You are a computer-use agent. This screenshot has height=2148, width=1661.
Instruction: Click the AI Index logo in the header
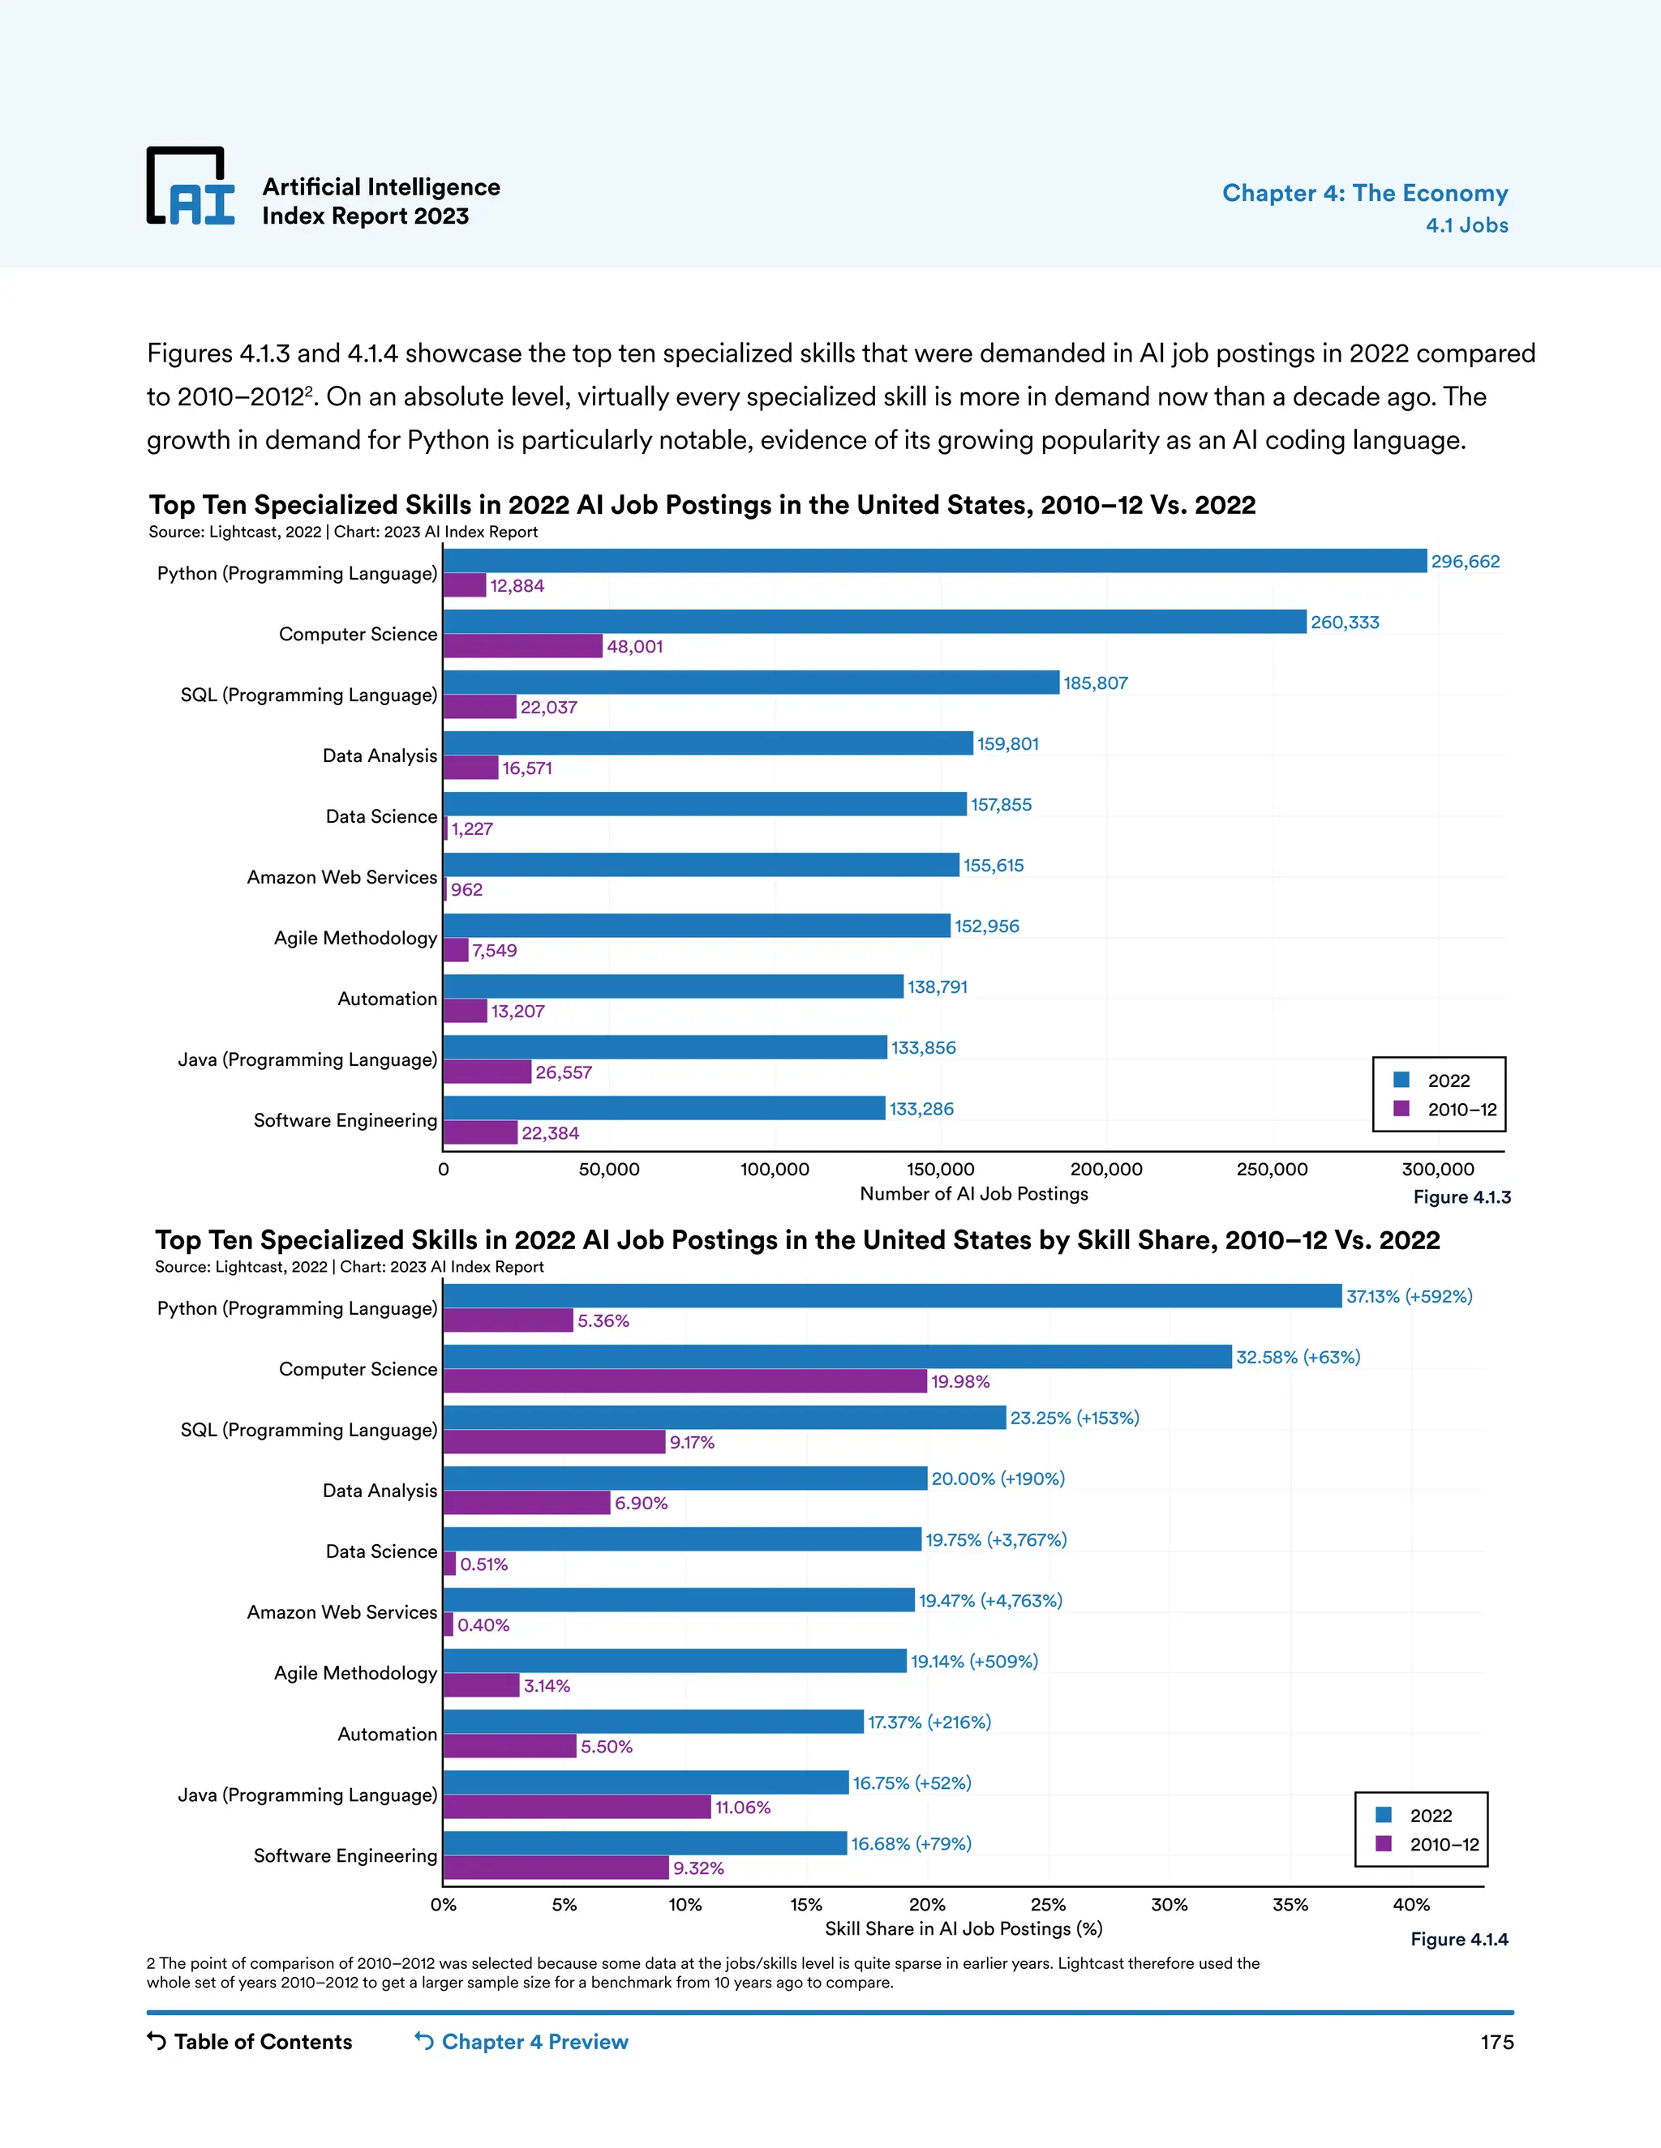coord(191,187)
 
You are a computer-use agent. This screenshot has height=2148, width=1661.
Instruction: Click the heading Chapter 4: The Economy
coord(1364,193)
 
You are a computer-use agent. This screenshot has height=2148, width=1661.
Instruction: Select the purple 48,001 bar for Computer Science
coord(522,646)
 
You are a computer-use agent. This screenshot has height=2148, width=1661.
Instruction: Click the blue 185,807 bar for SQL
coord(751,682)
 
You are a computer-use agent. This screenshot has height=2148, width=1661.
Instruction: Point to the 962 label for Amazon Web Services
coord(466,889)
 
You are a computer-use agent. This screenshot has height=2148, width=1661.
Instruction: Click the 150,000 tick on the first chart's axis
coord(940,1170)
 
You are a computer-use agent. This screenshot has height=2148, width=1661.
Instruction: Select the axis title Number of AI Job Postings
coord(973,1193)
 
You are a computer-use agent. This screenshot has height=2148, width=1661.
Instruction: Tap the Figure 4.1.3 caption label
coord(1461,1197)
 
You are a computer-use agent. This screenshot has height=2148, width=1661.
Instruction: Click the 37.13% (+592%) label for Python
coord(1408,1296)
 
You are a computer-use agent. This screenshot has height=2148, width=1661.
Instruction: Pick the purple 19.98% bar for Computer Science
coord(685,1381)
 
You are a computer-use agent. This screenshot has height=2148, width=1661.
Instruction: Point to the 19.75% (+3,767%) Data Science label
coord(996,1539)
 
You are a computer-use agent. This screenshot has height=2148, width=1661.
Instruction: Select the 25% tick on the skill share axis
coord(1048,1904)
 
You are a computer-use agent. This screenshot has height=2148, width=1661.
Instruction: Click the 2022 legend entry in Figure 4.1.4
coord(1430,1816)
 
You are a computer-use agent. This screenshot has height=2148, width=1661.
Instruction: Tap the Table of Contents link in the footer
coord(250,2042)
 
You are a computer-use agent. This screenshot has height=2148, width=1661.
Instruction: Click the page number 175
coord(1496,2042)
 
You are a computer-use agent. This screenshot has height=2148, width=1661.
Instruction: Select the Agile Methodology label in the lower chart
coord(355,1673)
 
